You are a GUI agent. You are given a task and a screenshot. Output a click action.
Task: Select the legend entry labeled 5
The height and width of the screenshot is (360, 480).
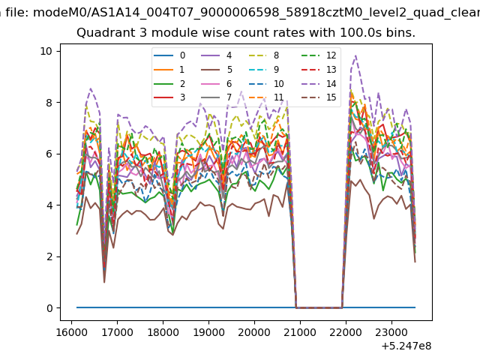point(217,70)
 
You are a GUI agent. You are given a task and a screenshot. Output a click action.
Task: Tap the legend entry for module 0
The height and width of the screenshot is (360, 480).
point(169,55)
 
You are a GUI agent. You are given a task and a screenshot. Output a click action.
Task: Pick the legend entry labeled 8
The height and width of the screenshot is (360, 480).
point(264,55)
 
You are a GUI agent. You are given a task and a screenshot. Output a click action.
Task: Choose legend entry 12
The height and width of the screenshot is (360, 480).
point(318,55)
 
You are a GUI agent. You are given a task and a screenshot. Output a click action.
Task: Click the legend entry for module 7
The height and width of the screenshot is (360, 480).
point(217,97)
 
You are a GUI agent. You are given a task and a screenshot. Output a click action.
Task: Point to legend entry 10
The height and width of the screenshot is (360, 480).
point(265,83)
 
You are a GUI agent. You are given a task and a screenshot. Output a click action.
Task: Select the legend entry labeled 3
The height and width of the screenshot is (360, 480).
point(169,97)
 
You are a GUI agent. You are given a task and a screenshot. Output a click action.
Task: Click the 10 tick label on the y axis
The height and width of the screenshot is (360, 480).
point(46,51)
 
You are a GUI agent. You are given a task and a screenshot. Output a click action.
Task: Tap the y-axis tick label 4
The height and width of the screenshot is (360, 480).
point(49,205)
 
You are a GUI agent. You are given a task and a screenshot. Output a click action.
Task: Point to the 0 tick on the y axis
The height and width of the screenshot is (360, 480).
point(49,308)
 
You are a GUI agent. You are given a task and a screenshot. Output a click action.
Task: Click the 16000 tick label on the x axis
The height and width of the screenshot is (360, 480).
point(72,332)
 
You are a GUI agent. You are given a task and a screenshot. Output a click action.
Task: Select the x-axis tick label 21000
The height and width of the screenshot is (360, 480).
point(300,332)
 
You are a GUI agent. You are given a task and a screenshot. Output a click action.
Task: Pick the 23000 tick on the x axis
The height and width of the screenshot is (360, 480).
point(391,332)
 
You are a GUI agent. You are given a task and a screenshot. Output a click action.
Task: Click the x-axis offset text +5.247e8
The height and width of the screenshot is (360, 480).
point(406,346)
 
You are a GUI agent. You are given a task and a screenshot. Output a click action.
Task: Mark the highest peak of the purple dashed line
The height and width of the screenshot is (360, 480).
point(355,55)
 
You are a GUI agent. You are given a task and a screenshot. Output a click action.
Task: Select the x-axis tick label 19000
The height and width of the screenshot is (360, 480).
point(208,332)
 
